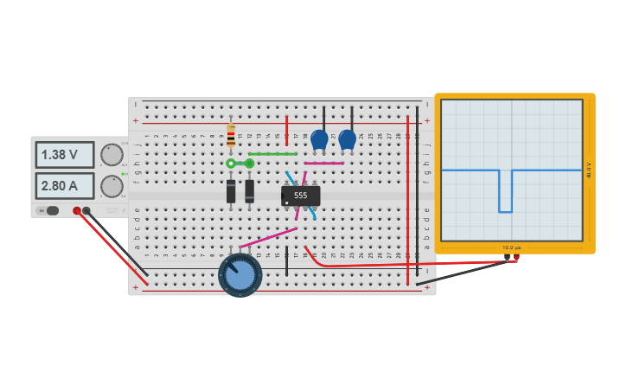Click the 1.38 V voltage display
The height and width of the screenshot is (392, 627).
pyautogui.click(x=64, y=155)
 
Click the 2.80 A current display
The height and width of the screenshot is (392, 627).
pyautogui.click(x=64, y=185)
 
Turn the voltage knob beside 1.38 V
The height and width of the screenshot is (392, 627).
pyautogui.click(x=112, y=155)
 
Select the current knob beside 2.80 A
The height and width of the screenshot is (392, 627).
pyautogui.click(x=112, y=186)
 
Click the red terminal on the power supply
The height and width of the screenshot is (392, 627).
pyautogui.click(x=77, y=210)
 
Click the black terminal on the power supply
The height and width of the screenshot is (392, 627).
pyautogui.click(x=86, y=210)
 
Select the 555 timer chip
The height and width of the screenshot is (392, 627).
pyautogui.click(x=300, y=196)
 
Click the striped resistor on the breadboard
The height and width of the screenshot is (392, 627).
pyautogui.click(x=231, y=135)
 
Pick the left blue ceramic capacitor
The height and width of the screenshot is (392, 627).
pyautogui.click(x=319, y=138)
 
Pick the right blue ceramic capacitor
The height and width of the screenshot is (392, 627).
pyautogui.click(x=347, y=138)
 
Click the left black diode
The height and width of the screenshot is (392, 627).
pyautogui.click(x=231, y=191)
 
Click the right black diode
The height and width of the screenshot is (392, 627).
pyautogui.click(x=250, y=191)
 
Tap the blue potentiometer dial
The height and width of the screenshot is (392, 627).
pyautogui.click(x=240, y=274)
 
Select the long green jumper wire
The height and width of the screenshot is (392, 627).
pyautogui.click(x=272, y=154)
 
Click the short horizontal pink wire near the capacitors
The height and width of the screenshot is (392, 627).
pyautogui.click(x=324, y=163)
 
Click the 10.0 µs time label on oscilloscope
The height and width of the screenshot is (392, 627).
pyautogui.click(x=511, y=247)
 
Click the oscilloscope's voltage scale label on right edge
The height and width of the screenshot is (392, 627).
pyautogui.click(x=589, y=170)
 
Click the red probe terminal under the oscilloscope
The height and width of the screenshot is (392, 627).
pyautogui.click(x=516, y=257)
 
